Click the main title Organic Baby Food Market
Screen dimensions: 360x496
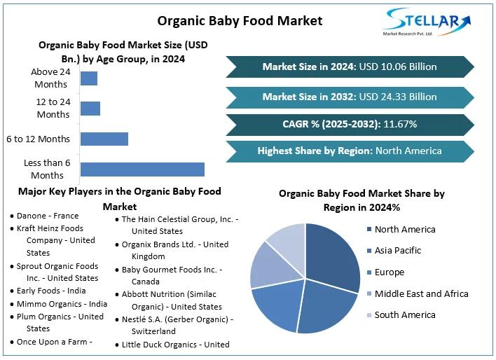point(240,20)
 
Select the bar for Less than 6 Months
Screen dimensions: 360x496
point(142,169)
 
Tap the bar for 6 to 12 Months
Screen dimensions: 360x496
point(104,139)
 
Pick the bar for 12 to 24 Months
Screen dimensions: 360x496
point(90,109)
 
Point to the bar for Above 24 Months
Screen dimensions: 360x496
point(89,78)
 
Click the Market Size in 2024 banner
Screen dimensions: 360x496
point(349,67)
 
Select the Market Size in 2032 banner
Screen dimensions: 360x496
point(349,97)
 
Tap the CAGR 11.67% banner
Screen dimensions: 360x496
point(349,124)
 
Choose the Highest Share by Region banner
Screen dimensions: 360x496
point(349,151)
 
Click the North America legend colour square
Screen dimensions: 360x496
point(368,230)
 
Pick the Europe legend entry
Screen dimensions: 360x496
point(389,272)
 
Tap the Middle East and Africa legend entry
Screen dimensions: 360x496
point(420,293)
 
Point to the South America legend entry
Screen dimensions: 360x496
point(404,315)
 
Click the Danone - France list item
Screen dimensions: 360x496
point(48,216)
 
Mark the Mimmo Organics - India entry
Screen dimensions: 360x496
point(62,304)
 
